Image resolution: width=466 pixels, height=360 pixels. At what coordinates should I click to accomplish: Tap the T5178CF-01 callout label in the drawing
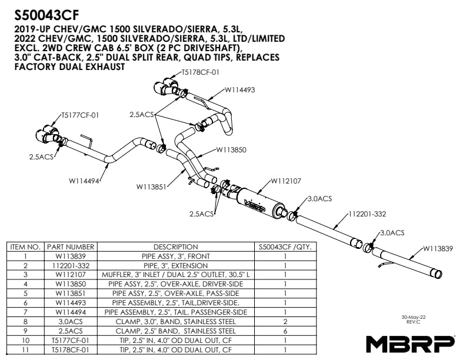click(x=200, y=73)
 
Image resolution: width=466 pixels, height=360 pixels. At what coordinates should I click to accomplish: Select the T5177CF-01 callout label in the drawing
click(x=80, y=115)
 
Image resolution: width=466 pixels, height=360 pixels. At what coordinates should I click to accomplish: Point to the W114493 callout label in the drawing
click(x=239, y=90)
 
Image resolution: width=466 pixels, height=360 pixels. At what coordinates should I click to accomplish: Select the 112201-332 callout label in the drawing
click(x=367, y=214)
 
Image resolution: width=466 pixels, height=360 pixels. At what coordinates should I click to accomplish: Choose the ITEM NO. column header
click(x=25, y=247)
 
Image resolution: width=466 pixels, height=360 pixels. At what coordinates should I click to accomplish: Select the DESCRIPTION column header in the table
click(x=175, y=247)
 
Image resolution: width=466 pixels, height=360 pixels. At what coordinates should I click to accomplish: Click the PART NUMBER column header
click(x=71, y=247)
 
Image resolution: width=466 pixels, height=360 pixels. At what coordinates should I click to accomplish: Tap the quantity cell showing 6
click(x=285, y=331)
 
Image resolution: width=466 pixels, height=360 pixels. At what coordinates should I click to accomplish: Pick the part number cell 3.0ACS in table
click(x=71, y=322)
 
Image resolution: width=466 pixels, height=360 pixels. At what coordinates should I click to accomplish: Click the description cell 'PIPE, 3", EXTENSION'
click(x=175, y=265)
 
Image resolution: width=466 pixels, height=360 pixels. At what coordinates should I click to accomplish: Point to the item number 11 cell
click(x=25, y=349)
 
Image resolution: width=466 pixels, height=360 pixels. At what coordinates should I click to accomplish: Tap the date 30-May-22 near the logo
click(x=414, y=316)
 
